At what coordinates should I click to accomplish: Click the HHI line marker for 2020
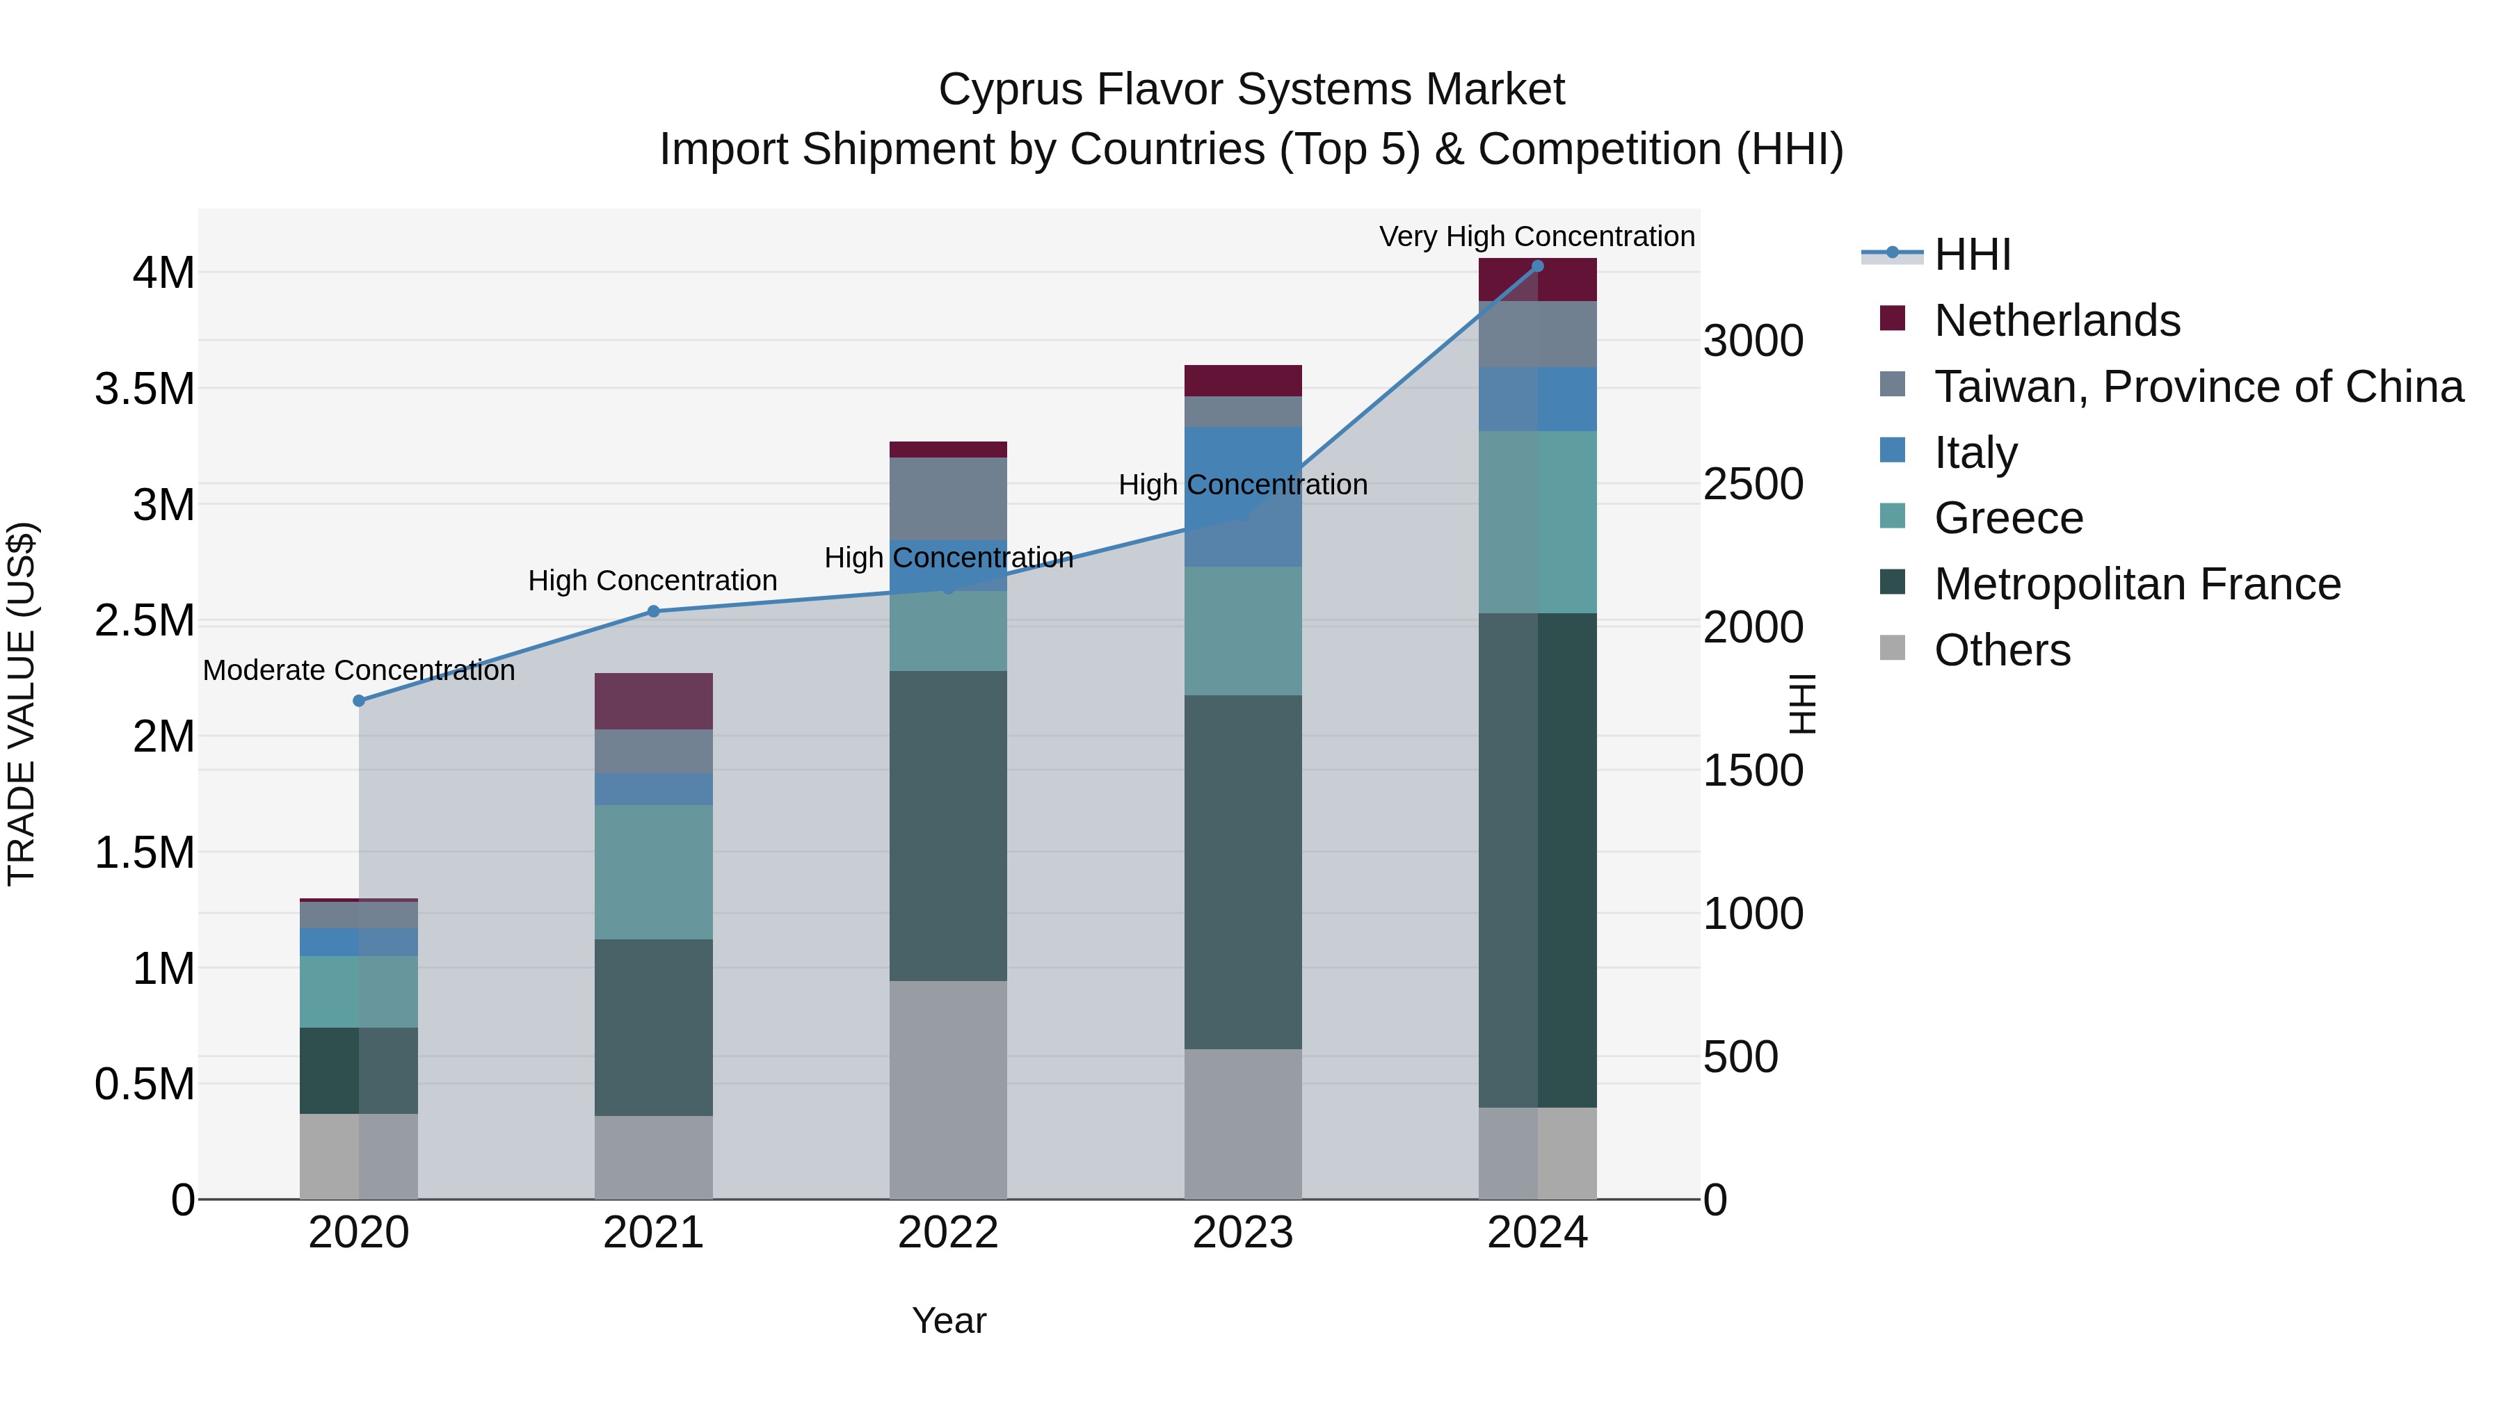coord(359,701)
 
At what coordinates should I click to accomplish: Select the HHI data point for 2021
coord(653,611)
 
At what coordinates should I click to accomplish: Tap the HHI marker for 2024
coord(1536,266)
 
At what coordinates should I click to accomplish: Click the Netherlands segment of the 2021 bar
coord(653,701)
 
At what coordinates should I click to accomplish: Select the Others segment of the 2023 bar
coord(1242,1124)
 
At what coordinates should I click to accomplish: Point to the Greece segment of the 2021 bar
coord(653,872)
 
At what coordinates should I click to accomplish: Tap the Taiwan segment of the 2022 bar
coord(948,499)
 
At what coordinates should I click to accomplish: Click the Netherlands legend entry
coord(2057,321)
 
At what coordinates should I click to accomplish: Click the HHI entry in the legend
coord(1971,254)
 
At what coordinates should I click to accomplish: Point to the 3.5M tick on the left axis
coord(145,389)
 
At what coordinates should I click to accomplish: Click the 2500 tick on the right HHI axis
coord(1753,484)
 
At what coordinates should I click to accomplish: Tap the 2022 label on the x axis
coord(948,1233)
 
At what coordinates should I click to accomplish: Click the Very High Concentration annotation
coord(1536,236)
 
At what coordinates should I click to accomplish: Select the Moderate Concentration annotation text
coord(359,670)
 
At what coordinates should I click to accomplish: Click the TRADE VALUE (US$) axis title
coord(22,704)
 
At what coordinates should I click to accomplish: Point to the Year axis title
coord(949,1320)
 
